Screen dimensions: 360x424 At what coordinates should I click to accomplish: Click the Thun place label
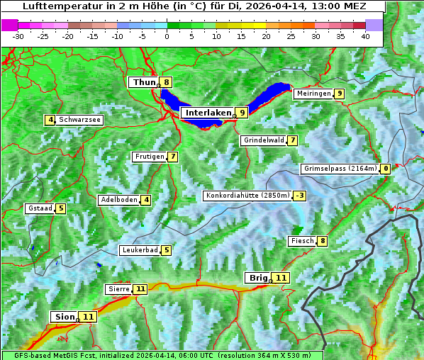pyautogui.click(x=143, y=83)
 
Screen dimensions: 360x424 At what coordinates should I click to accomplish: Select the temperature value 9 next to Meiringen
pyautogui.click(x=340, y=94)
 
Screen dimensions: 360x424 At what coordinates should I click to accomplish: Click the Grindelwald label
pyautogui.click(x=264, y=140)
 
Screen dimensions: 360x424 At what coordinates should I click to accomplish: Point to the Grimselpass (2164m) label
pyautogui.click(x=340, y=169)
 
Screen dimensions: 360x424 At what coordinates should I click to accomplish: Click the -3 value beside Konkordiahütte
pyautogui.click(x=301, y=196)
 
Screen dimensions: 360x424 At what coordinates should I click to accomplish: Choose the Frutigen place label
pyautogui.click(x=149, y=157)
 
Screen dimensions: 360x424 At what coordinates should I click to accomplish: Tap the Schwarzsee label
pyautogui.click(x=80, y=120)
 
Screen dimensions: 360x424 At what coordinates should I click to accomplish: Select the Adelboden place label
pyautogui.click(x=118, y=200)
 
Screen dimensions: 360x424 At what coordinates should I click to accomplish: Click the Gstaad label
pyautogui.click(x=40, y=208)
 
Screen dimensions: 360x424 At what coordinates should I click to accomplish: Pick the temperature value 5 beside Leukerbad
pyautogui.click(x=167, y=250)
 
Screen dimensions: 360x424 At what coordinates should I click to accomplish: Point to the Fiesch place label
pyautogui.click(x=302, y=241)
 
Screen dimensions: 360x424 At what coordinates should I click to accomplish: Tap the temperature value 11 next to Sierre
pyautogui.click(x=140, y=289)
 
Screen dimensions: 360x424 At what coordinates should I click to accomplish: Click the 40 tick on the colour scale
pyautogui.click(x=365, y=35)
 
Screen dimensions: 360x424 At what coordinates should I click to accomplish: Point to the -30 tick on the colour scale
pyautogui.click(x=18, y=35)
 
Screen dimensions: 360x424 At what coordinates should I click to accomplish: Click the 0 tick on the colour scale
pyautogui.click(x=167, y=35)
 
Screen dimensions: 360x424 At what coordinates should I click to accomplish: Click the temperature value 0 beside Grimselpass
pyautogui.click(x=386, y=169)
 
